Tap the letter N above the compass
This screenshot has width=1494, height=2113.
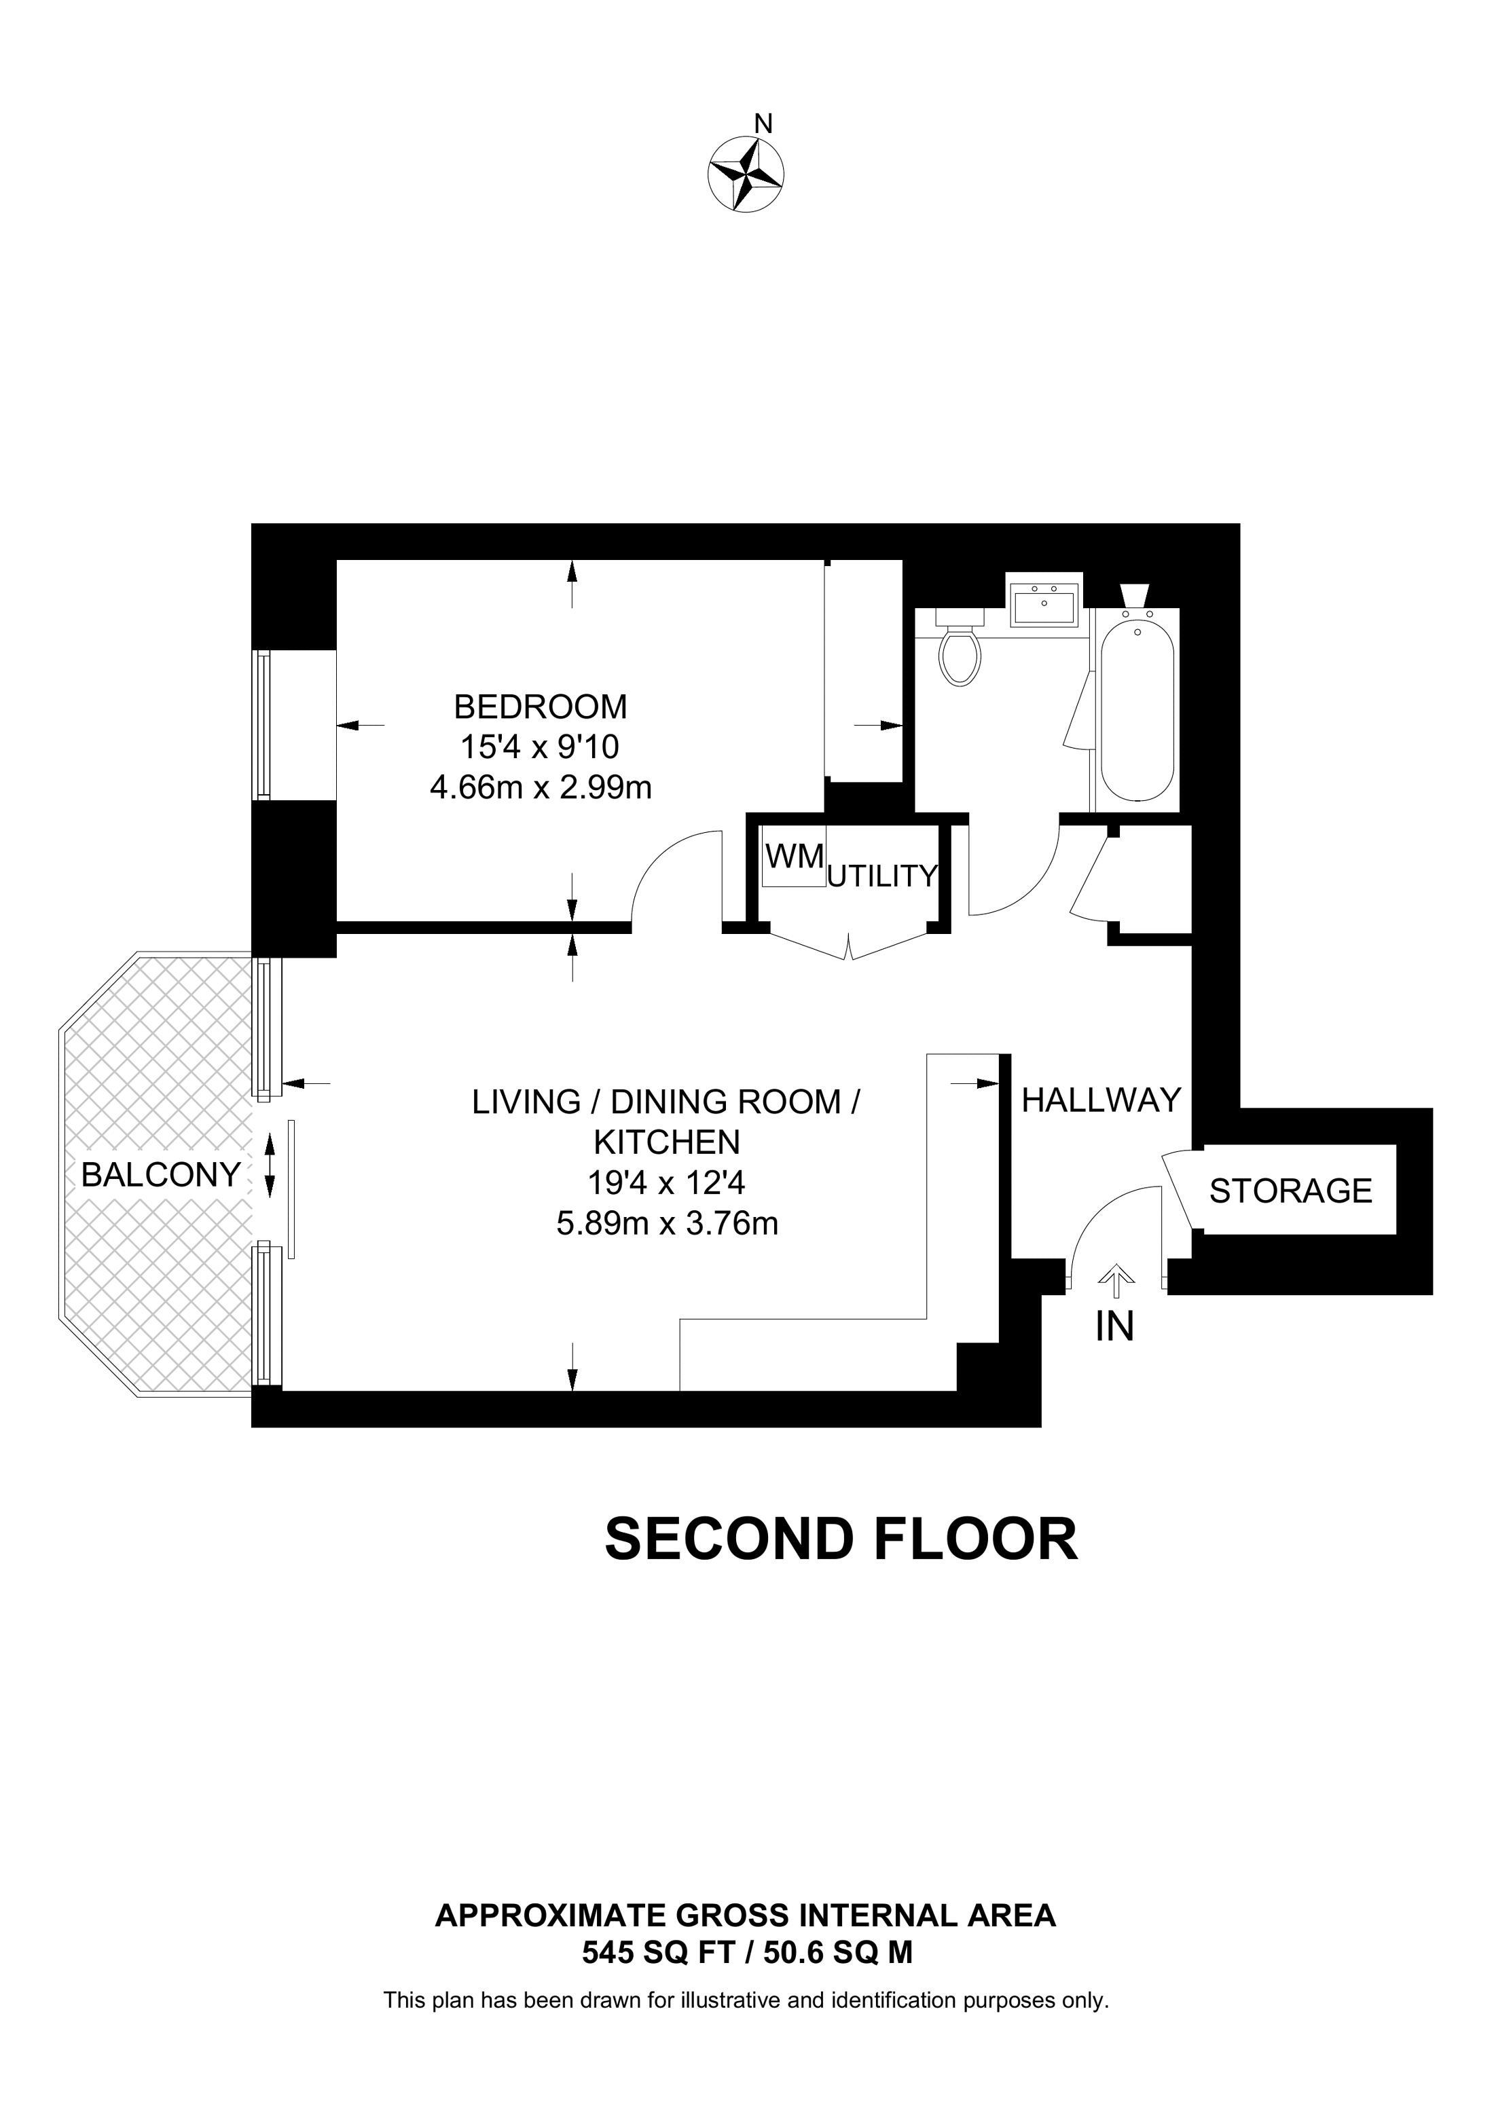[x=763, y=124]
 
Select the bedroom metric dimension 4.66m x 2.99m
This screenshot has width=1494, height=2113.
[x=541, y=788]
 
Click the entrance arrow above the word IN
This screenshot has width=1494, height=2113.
[x=1116, y=1281]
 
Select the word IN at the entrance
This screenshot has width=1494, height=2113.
[x=1115, y=1326]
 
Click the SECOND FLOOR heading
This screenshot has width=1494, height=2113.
[x=841, y=1539]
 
